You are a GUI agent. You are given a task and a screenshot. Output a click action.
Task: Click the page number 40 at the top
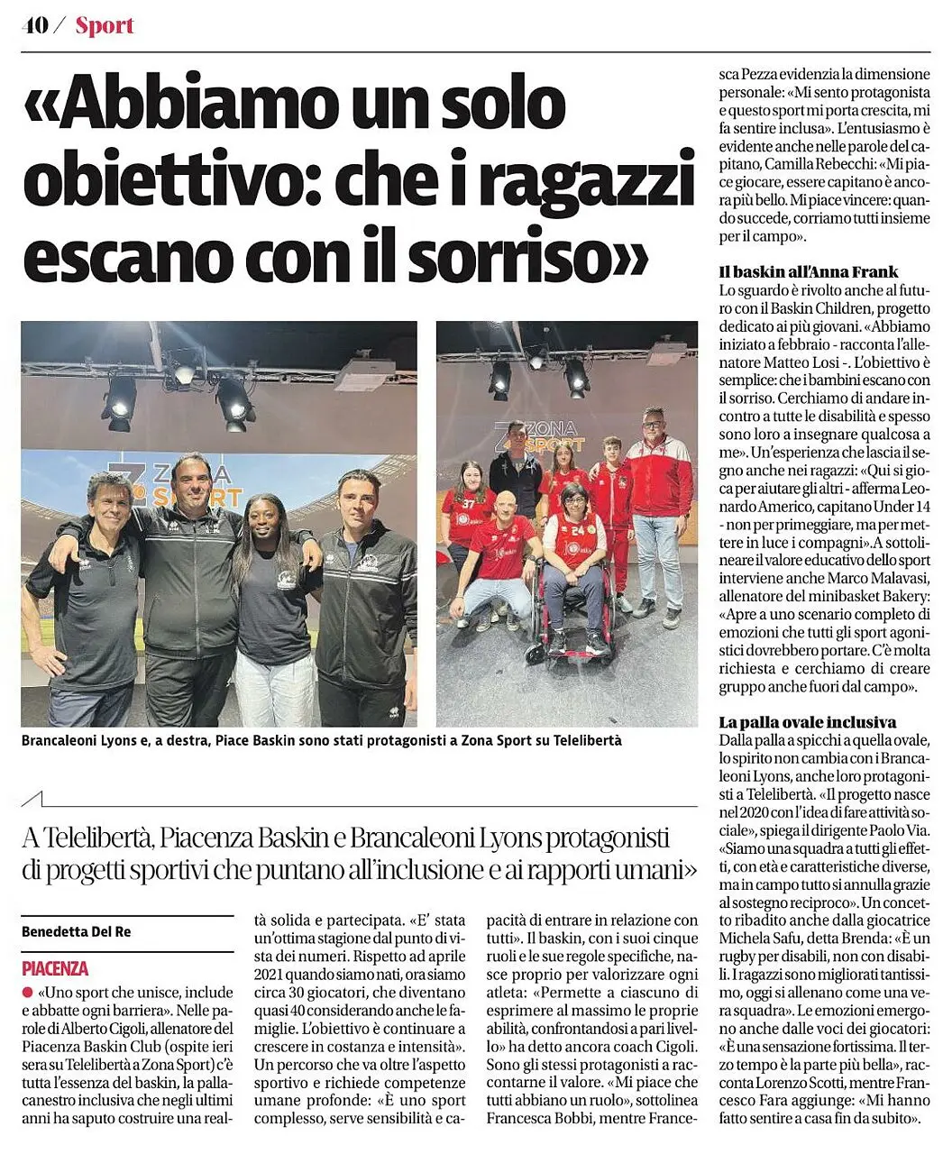pyautogui.click(x=35, y=25)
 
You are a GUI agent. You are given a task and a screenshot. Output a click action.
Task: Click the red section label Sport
pyautogui.click(x=105, y=25)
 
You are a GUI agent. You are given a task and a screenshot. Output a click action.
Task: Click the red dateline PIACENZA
pyautogui.click(x=55, y=969)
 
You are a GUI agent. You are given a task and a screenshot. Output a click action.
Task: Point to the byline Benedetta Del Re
pyautogui.click(x=76, y=931)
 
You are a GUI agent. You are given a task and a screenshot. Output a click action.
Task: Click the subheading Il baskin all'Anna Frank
pyautogui.click(x=808, y=271)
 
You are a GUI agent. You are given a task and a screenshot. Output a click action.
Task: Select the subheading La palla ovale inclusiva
pyautogui.click(x=807, y=722)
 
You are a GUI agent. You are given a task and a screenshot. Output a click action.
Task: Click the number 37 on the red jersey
pyautogui.click(x=468, y=504)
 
